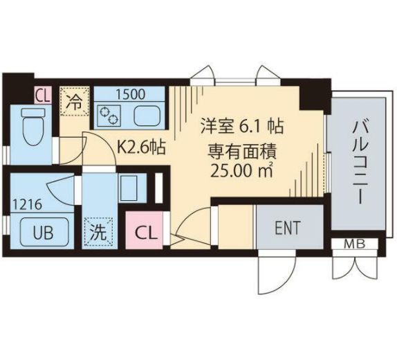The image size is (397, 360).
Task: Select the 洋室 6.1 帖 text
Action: tap(242, 127)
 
